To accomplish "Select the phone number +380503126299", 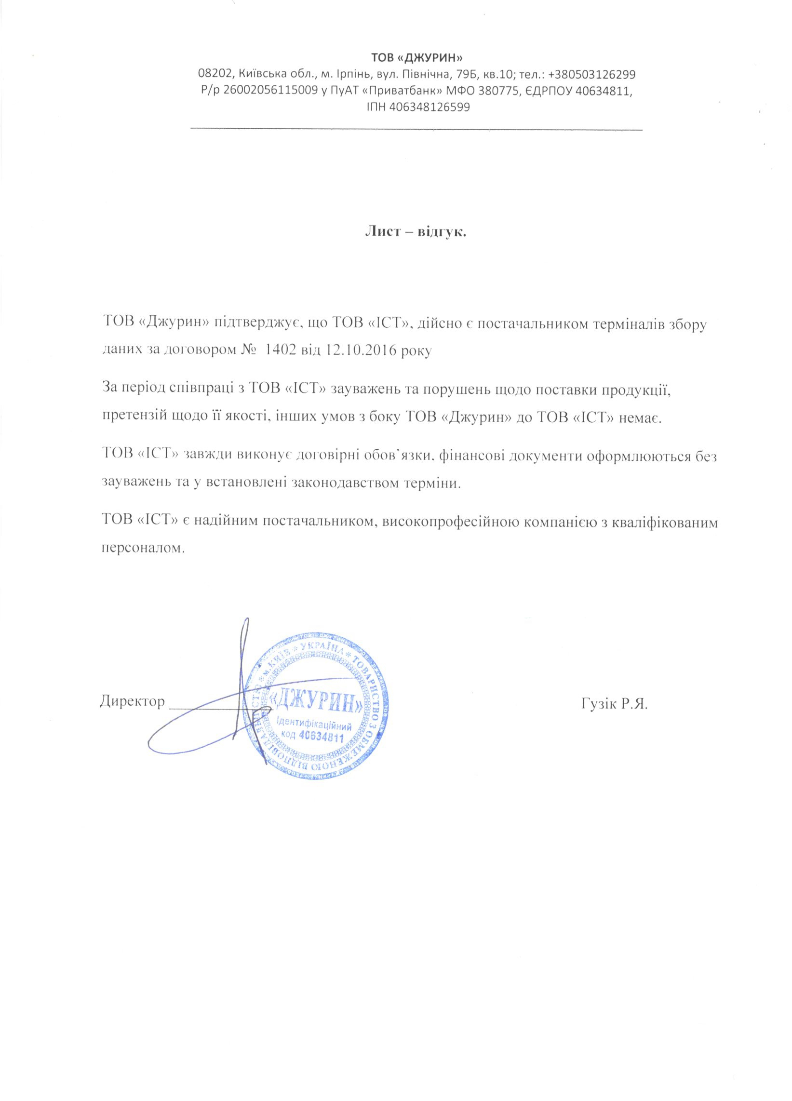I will click(x=591, y=75).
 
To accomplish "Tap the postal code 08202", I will click(x=215, y=75).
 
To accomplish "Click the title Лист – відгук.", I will click(x=416, y=232).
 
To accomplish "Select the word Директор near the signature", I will click(x=132, y=701).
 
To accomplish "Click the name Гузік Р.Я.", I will click(x=613, y=703).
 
